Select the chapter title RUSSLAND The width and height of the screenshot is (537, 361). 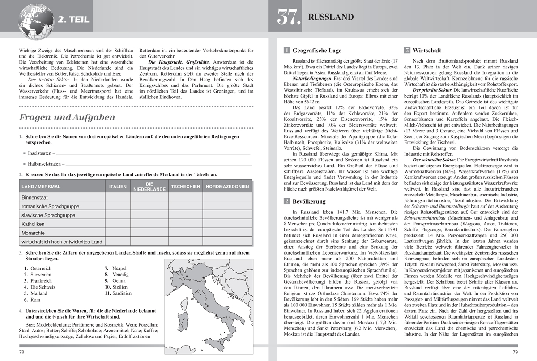point(331,17)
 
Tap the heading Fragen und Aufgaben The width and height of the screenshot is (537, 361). point(67,118)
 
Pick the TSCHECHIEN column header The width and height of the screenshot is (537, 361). point(185,187)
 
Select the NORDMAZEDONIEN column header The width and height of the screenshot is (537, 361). point(227,187)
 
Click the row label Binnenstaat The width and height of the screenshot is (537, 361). point(34,197)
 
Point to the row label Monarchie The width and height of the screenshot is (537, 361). point(33,233)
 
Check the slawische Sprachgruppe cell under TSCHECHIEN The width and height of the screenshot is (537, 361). point(185,215)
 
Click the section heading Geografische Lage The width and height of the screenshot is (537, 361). point(316,51)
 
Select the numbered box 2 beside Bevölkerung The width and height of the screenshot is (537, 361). point(286,202)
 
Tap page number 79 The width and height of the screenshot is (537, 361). point(515,353)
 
